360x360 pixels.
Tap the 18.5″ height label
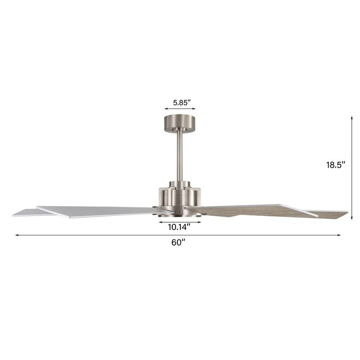[x=336, y=165]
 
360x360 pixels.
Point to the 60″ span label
[x=178, y=242]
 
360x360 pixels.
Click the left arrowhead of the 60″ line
[x=17, y=235]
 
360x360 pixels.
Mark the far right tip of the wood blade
[x=347, y=211]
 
